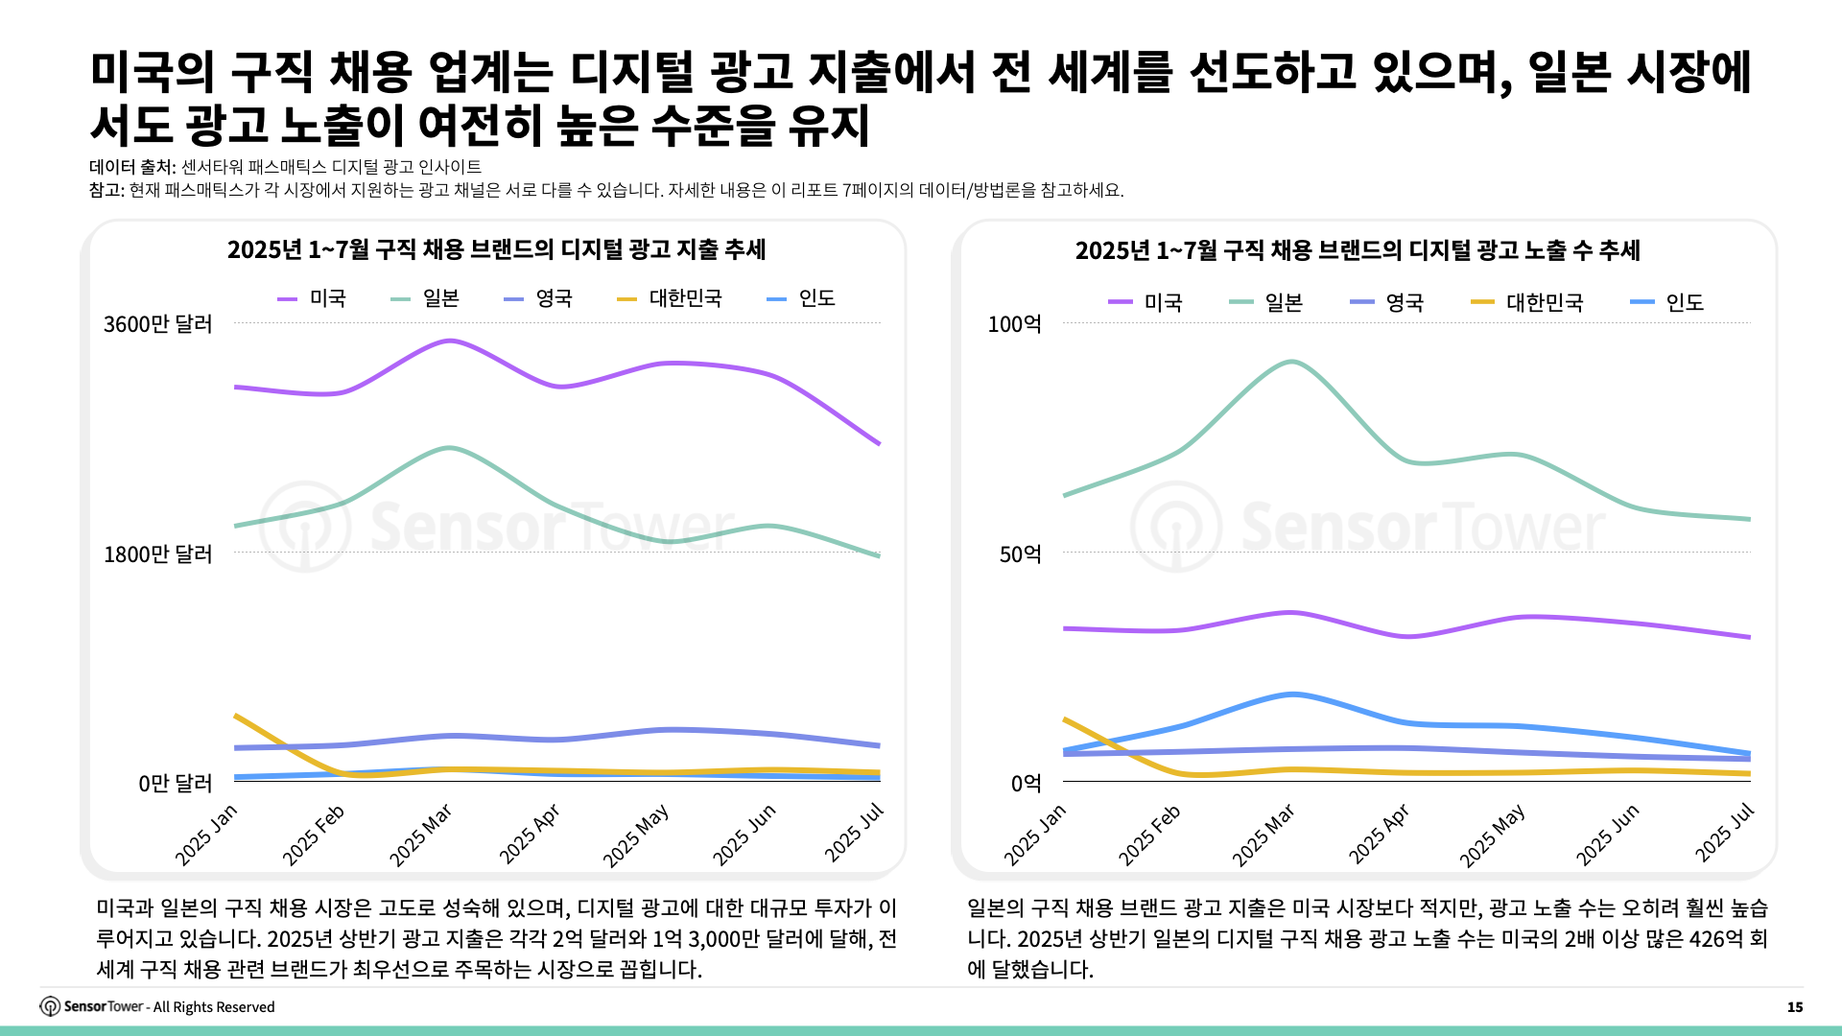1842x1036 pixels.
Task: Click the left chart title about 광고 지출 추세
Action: (496, 249)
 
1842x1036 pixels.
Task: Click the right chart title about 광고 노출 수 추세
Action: (1358, 250)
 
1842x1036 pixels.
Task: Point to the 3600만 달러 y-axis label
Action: (157, 324)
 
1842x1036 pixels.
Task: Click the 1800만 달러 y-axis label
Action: (157, 553)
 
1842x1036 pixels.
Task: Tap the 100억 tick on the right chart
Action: (1014, 324)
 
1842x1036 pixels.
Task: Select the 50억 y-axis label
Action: (1020, 553)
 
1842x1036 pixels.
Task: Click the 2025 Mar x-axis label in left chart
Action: (420, 836)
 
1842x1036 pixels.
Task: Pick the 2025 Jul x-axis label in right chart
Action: (1724, 833)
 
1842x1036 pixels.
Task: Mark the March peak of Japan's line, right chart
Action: (1292, 363)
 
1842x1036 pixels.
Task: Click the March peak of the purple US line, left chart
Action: (449, 341)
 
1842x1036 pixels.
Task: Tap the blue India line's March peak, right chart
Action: (1292, 694)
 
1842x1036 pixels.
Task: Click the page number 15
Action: (1794, 1006)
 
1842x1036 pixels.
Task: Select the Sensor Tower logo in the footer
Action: (50, 1006)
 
